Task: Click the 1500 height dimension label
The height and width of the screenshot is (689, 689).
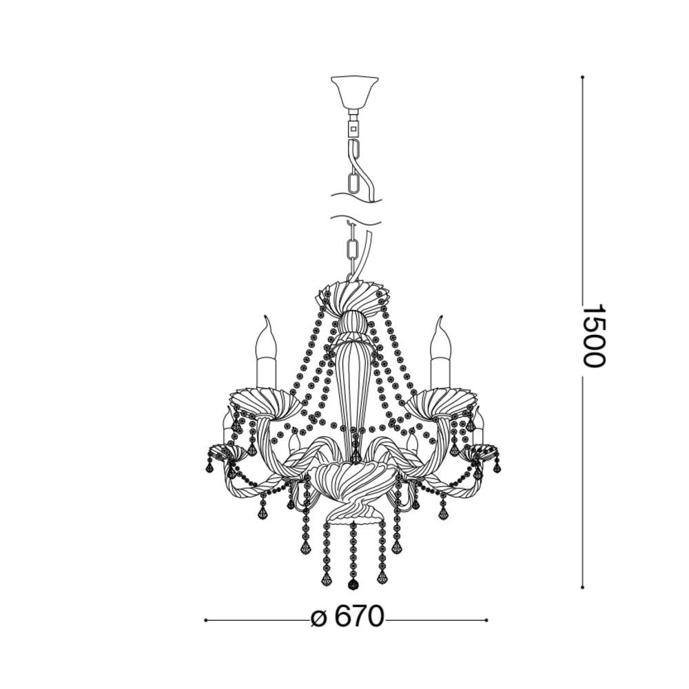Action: tap(594, 336)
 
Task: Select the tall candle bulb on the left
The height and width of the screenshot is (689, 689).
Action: tap(266, 352)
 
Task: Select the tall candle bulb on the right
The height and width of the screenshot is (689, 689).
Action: tap(441, 352)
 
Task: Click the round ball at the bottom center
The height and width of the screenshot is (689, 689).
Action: tap(353, 585)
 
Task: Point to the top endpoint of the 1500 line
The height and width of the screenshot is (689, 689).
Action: tap(582, 77)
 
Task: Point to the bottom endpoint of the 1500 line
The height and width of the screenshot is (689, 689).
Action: tap(582, 587)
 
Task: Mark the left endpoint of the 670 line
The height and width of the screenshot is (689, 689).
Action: tap(205, 621)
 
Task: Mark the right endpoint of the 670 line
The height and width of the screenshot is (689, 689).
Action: tap(486, 621)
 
